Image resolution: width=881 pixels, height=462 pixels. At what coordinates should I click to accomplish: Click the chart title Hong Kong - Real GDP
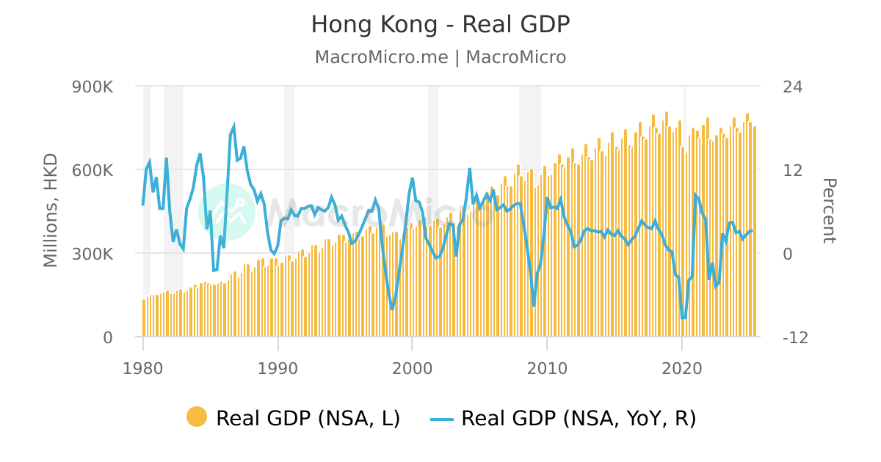pyautogui.click(x=440, y=25)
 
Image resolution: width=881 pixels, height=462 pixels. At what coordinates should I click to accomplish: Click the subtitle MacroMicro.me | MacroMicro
pyautogui.click(x=440, y=57)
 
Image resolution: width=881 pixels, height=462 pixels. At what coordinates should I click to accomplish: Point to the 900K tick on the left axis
pyautogui.click(x=92, y=87)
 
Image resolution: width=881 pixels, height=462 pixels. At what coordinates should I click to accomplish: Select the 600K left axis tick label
pyautogui.click(x=92, y=170)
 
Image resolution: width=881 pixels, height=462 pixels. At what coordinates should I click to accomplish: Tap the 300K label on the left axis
pyautogui.click(x=92, y=254)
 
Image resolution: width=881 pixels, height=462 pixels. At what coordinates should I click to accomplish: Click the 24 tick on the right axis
pyautogui.click(x=792, y=87)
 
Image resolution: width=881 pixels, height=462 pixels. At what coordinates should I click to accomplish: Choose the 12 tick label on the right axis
pyautogui.click(x=792, y=170)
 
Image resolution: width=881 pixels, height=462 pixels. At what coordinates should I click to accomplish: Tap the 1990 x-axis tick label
pyautogui.click(x=278, y=367)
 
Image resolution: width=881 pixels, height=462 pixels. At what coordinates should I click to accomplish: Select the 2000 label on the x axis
pyautogui.click(x=413, y=367)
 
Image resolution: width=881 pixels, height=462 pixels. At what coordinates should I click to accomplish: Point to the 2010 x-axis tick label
pyautogui.click(x=547, y=367)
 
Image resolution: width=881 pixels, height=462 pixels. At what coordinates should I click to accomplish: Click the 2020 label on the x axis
pyautogui.click(x=682, y=367)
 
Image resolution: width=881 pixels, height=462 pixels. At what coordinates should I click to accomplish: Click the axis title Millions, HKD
pyautogui.click(x=50, y=212)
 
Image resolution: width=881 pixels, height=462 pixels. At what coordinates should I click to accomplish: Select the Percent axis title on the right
pyautogui.click(x=828, y=210)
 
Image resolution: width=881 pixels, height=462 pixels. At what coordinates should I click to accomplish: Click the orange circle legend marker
pyautogui.click(x=197, y=417)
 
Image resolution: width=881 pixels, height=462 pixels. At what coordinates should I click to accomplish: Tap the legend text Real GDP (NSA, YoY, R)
pyautogui.click(x=579, y=418)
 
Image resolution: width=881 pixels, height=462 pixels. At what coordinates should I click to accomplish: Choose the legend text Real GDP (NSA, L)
pyautogui.click(x=308, y=418)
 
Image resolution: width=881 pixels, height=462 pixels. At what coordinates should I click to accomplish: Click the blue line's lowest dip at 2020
pyautogui.click(x=684, y=318)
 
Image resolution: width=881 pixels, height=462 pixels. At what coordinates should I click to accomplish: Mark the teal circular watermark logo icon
pyautogui.click(x=227, y=211)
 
